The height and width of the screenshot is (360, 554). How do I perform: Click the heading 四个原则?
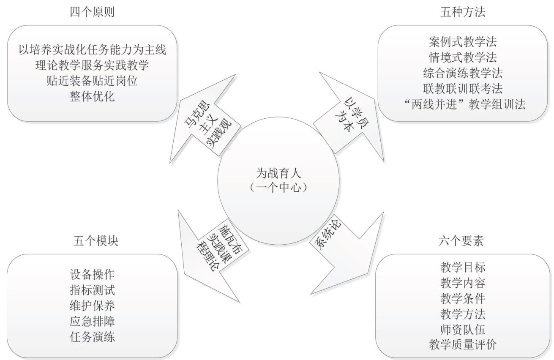click(x=92, y=12)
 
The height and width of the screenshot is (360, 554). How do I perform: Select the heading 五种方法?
click(x=463, y=12)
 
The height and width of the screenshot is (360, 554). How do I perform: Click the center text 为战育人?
click(x=278, y=173)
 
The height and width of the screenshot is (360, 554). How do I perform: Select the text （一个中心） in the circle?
click(x=278, y=188)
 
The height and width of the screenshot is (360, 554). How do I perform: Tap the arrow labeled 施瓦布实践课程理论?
click(x=213, y=255)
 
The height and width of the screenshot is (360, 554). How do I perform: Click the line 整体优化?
click(x=92, y=96)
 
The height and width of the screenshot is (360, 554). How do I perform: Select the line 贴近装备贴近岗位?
click(x=92, y=81)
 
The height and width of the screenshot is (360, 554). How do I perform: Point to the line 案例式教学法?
click(x=463, y=42)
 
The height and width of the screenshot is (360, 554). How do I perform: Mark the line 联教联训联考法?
click(x=463, y=88)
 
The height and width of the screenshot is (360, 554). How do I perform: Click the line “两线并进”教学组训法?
click(x=464, y=104)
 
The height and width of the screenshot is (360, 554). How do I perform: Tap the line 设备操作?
click(x=92, y=275)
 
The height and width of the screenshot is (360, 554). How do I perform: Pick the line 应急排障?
click(x=92, y=321)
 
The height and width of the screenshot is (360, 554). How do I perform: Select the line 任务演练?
click(x=92, y=337)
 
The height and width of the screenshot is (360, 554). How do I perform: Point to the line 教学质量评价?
click(x=463, y=344)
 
